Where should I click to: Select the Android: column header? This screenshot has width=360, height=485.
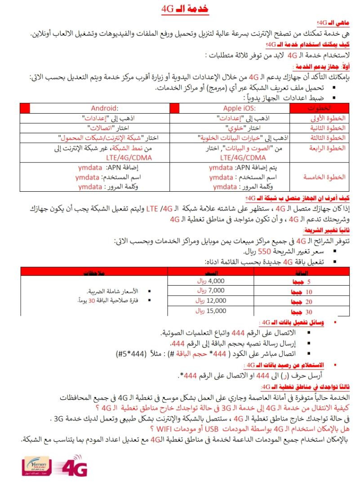point(104,108)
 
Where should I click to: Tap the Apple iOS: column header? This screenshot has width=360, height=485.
point(240,108)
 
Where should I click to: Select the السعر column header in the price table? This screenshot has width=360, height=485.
point(212,272)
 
